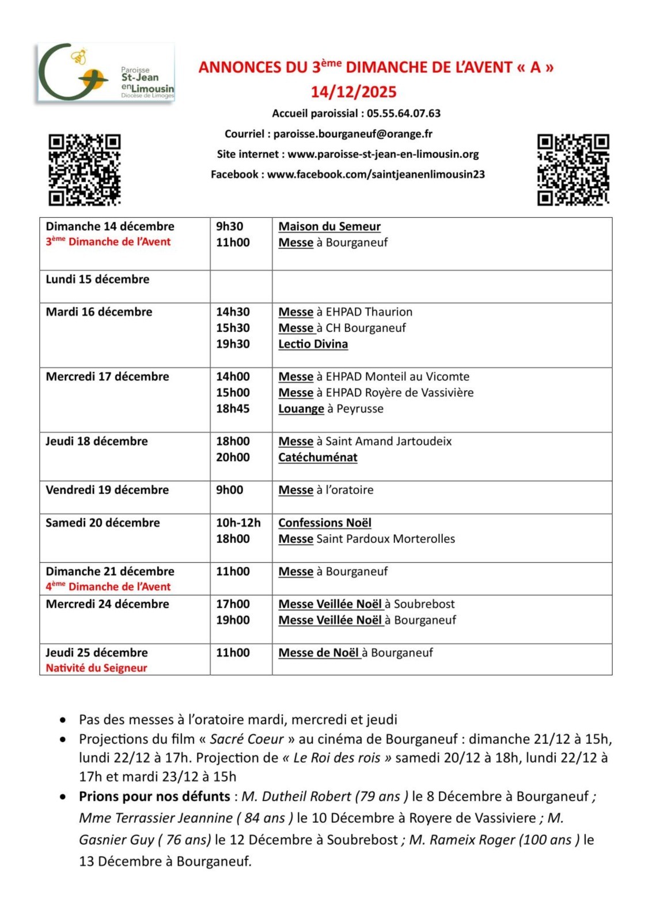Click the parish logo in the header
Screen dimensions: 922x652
point(105,73)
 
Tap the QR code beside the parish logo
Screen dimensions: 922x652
point(84,169)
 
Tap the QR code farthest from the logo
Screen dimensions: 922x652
point(573,169)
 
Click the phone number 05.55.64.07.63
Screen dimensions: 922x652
point(403,114)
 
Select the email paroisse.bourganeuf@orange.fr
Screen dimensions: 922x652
point(352,134)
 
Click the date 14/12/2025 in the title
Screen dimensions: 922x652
point(354,92)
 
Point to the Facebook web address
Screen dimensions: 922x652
point(376,175)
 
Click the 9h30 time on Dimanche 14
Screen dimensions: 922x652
point(229,226)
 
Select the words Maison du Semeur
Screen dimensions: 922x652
point(329,226)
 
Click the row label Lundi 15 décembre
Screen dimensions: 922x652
point(97,279)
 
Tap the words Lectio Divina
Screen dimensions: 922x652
point(313,344)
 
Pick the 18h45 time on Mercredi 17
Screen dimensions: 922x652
point(233,409)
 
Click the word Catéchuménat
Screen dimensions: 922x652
point(317,458)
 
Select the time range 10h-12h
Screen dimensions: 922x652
point(238,523)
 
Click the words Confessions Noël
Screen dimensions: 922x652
point(325,523)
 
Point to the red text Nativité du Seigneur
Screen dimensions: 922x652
point(96,668)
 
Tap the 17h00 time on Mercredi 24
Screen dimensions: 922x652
point(233,604)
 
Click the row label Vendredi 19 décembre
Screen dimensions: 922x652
point(107,490)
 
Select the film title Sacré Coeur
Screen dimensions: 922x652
point(247,739)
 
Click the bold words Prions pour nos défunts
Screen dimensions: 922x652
point(154,796)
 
